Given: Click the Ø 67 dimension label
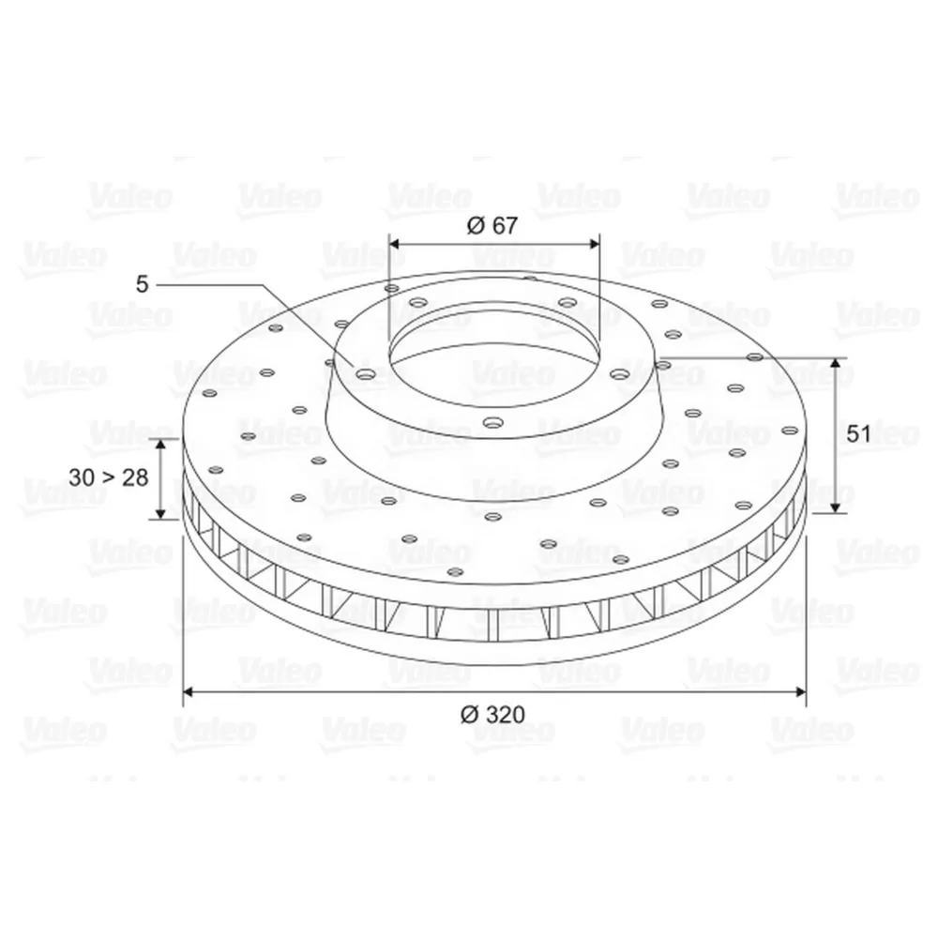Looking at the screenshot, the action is click(x=492, y=225).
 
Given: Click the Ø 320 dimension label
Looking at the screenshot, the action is click(x=492, y=714).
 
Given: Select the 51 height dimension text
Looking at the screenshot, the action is click(x=858, y=433).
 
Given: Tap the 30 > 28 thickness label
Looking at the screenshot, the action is click(x=108, y=477).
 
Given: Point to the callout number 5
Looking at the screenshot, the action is click(x=142, y=285).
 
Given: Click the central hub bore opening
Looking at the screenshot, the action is click(x=494, y=364).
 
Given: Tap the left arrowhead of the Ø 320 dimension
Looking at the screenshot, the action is click(x=188, y=692).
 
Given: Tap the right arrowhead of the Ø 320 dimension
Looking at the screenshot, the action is click(x=800, y=692).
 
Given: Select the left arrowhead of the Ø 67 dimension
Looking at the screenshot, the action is click(x=394, y=244).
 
